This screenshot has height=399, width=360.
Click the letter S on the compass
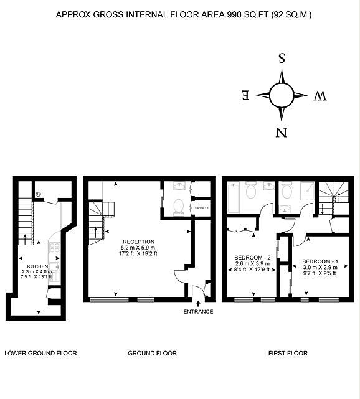282,59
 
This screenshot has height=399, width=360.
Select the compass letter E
245,95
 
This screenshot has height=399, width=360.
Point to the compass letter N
282,132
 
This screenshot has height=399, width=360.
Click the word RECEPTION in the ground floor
138,242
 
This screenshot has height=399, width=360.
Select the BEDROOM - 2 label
252,257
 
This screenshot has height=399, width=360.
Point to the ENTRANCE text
198,311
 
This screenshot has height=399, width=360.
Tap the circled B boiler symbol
38,194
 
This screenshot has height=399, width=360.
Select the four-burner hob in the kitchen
54,248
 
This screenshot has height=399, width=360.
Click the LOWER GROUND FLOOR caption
40,354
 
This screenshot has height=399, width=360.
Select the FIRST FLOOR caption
288,354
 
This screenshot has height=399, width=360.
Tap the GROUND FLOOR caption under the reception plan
152,354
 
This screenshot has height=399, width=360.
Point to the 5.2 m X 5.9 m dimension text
138,248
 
